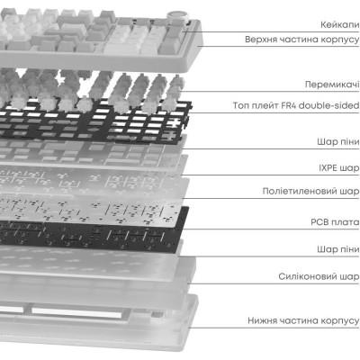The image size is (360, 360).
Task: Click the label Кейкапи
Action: tap(339, 24)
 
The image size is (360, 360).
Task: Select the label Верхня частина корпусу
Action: tap(301, 40)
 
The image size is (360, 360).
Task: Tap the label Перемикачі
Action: tap(332, 85)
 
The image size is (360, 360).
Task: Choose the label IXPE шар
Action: tap(339, 167)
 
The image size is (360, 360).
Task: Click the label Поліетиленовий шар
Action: tap(310, 191)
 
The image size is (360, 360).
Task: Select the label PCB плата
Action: tap(335, 222)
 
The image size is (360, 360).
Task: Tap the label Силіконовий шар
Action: tap(319, 276)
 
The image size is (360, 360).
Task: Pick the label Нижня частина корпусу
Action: tap(303, 320)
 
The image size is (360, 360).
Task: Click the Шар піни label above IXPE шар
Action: tap(338, 141)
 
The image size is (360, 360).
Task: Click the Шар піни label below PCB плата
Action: tap(338, 249)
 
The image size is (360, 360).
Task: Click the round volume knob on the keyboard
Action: tap(175, 18)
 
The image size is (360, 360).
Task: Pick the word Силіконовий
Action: tap(308, 276)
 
